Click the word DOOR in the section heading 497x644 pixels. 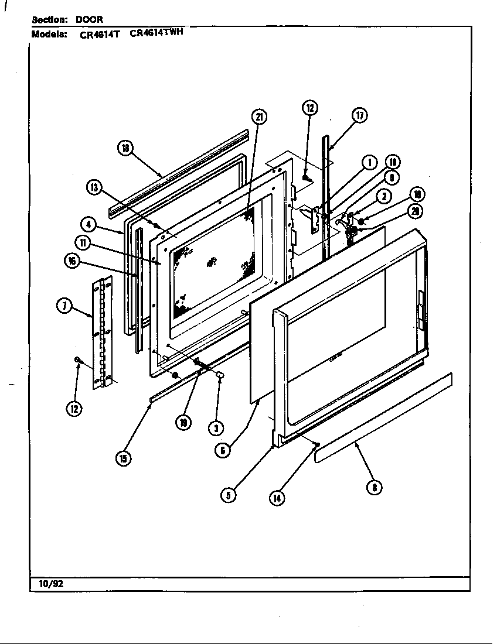(89, 19)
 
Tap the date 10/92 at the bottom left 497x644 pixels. (47, 584)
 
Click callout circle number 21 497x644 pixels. (258, 117)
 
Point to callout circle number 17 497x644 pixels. (359, 115)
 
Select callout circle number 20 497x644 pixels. (414, 211)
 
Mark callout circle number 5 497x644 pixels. (228, 495)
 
